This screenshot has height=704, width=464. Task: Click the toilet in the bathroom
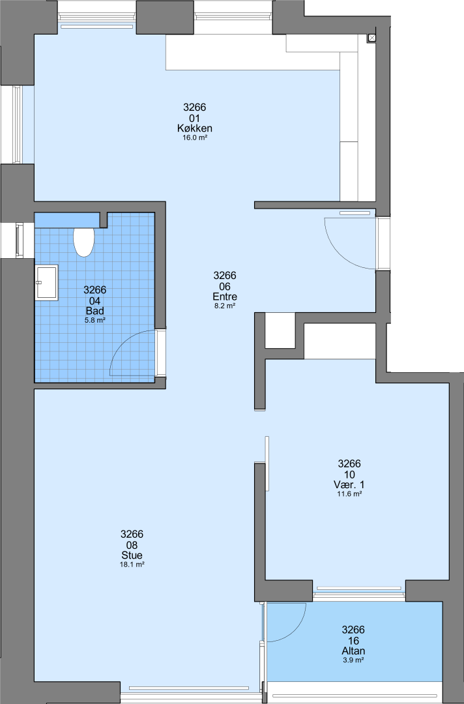(x=83, y=242)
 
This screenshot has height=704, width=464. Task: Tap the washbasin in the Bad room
(x=47, y=282)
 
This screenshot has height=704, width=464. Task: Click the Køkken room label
(x=195, y=128)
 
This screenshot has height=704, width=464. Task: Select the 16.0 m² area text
(x=195, y=138)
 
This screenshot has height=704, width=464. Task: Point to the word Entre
(x=225, y=297)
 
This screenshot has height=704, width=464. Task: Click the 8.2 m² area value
(x=225, y=306)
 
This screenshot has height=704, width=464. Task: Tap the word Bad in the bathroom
(x=94, y=311)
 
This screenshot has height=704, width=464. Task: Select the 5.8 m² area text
(x=94, y=320)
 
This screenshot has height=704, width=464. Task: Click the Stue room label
(x=132, y=555)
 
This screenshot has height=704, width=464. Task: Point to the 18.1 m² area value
(x=132, y=565)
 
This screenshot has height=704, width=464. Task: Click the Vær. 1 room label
(x=349, y=484)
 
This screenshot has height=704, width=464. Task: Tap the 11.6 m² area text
(x=349, y=494)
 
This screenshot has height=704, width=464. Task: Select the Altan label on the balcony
(x=353, y=651)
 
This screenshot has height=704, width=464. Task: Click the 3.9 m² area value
(x=353, y=660)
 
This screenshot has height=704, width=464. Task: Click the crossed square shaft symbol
(x=372, y=38)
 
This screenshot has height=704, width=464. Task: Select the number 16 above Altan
(x=353, y=640)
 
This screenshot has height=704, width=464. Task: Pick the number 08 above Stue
(x=132, y=544)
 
